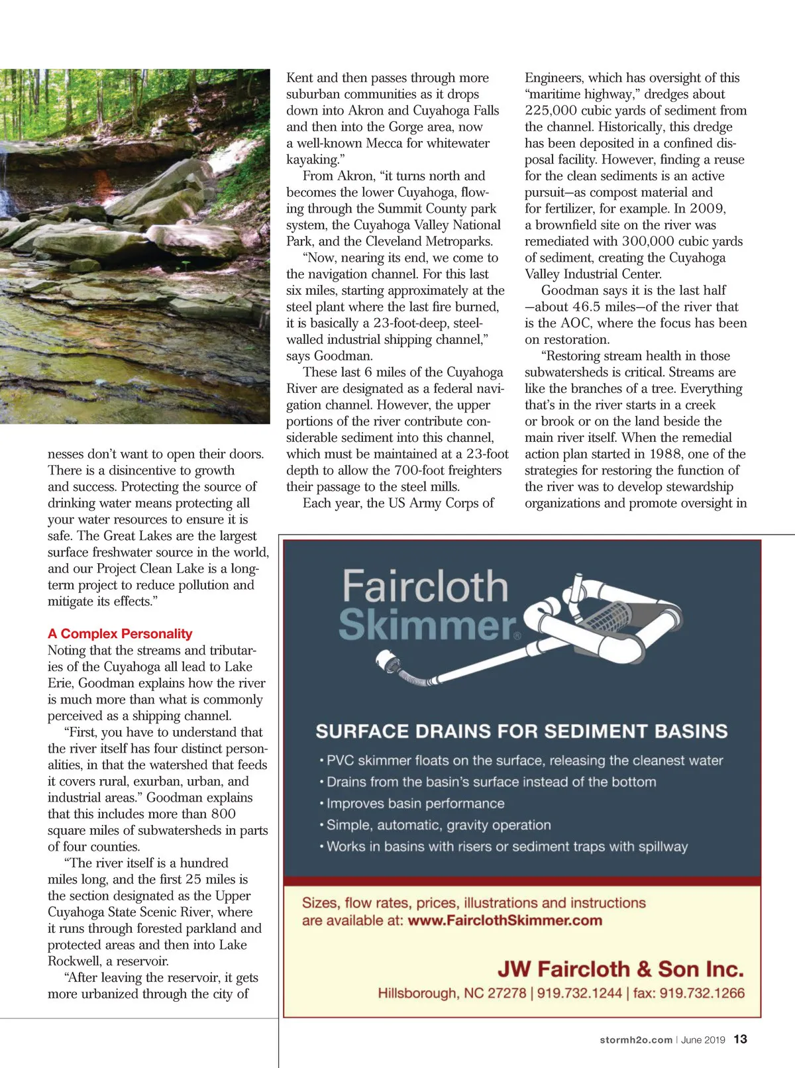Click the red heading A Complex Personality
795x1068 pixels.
coord(120,634)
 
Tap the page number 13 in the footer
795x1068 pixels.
coord(740,1040)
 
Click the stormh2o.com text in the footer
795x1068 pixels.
coord(635,1040)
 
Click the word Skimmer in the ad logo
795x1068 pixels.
coord(427,625)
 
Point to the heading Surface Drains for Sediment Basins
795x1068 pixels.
coord(521,731)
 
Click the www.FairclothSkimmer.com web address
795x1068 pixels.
coord(505,920)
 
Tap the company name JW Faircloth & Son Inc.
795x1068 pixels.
coord(620,969)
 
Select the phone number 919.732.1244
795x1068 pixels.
coord(580,993)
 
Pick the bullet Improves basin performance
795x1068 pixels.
coord(415,804)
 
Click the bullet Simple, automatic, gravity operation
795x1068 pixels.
coord(439,825)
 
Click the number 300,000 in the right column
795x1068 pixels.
coord(649,241)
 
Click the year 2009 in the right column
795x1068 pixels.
coord(708,209)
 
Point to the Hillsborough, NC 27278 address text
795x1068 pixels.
coord(452,993)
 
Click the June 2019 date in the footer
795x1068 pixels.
coord(703,1040)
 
